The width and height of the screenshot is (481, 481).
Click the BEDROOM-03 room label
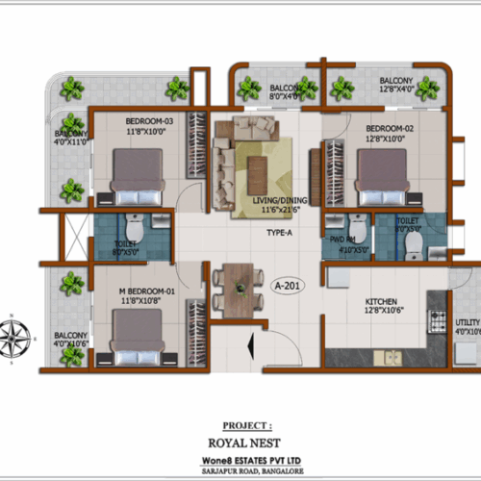(149, 120)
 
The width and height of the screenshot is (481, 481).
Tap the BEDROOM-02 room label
(389, 127)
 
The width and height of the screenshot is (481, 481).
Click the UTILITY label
(467, 322)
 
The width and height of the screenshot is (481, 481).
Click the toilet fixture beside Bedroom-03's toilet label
(135, 232)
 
